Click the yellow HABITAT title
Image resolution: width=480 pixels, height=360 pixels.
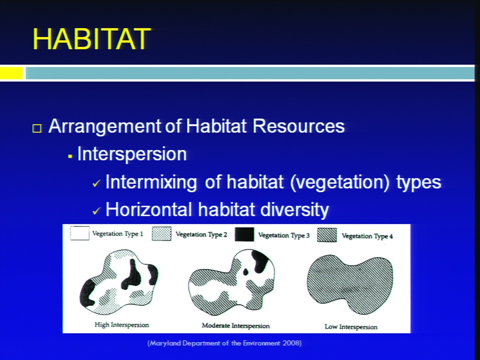point(92,38)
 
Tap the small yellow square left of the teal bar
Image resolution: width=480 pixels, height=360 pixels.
point(11,73)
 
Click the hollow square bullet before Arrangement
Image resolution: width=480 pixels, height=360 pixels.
point(37,128)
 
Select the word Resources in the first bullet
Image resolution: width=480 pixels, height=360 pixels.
point(299,126)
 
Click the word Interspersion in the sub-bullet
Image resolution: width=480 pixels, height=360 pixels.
point(132,153)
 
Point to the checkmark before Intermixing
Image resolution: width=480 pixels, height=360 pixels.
point(96,183)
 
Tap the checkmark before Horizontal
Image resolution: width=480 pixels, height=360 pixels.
point(96,211)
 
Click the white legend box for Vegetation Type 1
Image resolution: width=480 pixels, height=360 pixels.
point(79,233)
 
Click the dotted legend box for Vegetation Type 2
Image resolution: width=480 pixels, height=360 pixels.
point(161,234)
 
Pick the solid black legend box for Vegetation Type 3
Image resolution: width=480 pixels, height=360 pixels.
point(244,234)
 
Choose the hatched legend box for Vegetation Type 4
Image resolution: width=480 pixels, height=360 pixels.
point(327,235)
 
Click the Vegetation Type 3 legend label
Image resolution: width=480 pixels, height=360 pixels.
point(284,235)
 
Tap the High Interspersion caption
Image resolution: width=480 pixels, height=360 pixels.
point(122,325)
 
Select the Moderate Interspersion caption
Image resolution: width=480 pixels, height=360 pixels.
point(235,325)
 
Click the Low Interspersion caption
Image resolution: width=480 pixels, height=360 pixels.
point(351,327)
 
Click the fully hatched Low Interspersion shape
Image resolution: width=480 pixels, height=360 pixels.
point(350,283)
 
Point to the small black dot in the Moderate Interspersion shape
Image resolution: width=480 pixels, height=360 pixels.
point(245,272)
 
